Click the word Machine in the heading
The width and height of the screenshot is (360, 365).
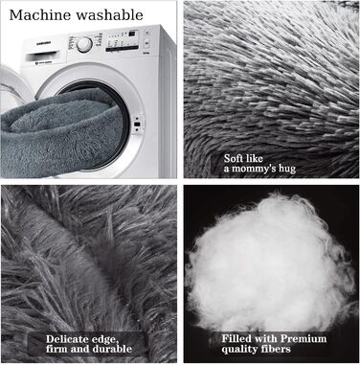click(x=40, y=15)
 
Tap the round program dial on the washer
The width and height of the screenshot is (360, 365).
click(x=84, y=45)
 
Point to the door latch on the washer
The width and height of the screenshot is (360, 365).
click(x=138, y=124)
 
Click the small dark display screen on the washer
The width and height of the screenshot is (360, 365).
click(x=133, y=34)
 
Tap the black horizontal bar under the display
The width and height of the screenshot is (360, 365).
click(x=122, y=49)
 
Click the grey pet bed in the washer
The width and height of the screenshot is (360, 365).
click(x=60, y=132)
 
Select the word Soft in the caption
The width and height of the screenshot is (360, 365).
click(x=235, y=158)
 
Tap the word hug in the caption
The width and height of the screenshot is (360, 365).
click(x=287, y=169)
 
